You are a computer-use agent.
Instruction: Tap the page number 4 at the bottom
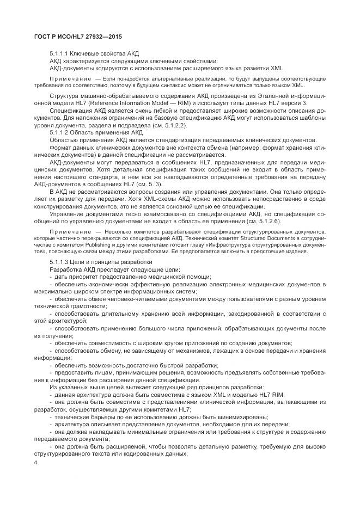pyautogui.click(x=35, y=463)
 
